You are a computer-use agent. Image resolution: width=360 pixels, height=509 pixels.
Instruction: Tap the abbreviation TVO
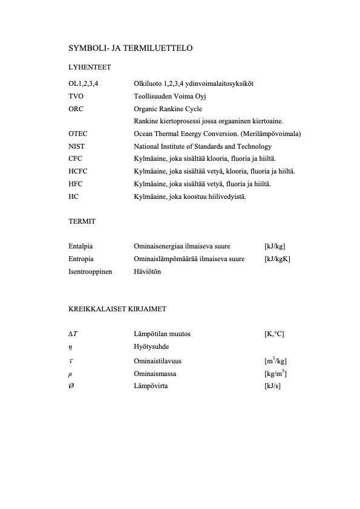coord(76,96)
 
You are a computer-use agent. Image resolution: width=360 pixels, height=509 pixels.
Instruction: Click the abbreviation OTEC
coord(78,134)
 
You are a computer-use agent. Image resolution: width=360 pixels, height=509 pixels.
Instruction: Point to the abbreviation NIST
coord(76,146)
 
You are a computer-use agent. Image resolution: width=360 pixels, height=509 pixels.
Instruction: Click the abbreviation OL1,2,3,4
coord(84,83)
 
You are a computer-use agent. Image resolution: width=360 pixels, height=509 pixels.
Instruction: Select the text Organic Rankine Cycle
coord(168,108)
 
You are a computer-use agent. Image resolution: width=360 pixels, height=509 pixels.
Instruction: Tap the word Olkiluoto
coord(148,83)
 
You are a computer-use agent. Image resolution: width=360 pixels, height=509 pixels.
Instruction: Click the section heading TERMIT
coord(81,222)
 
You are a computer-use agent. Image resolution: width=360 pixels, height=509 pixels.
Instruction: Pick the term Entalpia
coord(80,247)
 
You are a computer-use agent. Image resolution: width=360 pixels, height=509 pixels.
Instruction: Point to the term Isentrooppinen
coord(90,272)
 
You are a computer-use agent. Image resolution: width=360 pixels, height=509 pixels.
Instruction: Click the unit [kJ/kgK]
coord(278,259)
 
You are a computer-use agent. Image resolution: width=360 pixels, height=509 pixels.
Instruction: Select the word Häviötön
coord(147,272)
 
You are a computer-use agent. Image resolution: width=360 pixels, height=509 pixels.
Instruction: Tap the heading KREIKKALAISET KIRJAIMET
coord(117,309)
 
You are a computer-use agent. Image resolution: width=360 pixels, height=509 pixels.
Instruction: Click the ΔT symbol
coord(73,334)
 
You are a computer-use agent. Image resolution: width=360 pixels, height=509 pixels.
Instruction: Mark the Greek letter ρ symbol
coord(70,374)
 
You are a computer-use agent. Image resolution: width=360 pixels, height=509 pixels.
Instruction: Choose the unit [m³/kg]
coord(275,361)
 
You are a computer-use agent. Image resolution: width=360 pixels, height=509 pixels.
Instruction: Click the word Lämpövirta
coord(151,386)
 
